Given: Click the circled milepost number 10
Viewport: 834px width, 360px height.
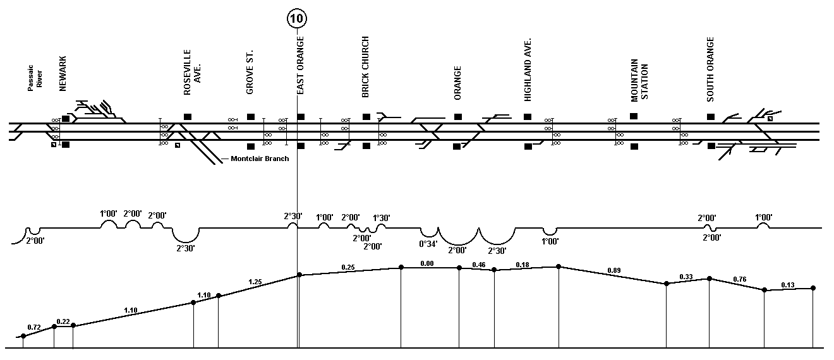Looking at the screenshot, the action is click(297, 18).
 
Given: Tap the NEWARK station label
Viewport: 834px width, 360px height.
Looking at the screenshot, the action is click(63, 74).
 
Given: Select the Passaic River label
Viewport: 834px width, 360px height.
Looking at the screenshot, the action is click(35, 78).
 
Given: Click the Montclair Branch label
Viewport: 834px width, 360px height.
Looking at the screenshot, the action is click(260, 159).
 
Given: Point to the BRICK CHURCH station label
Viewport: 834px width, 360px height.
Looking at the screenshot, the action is click(365, 67).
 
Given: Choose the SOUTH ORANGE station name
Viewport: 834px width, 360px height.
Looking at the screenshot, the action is click(710, 69).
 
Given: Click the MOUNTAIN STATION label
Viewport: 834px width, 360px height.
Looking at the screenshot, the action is click(639, 80).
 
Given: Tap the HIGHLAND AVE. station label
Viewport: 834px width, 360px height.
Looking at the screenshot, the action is click(528, 69).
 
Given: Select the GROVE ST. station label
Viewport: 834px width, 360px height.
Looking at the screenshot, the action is click(250, 72).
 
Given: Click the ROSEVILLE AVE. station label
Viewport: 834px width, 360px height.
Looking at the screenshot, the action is click(192, 73).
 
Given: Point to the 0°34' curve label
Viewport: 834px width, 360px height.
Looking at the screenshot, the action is click(428, 244).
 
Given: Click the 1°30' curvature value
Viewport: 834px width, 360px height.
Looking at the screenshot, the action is click(381, 218).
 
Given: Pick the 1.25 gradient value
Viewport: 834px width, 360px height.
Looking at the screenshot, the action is click(255, 282).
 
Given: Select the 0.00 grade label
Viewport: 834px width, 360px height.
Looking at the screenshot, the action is click(427, 263).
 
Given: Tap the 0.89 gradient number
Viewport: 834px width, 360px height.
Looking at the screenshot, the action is click(614, 271).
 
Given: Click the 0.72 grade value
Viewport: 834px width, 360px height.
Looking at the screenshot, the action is click(34, 327).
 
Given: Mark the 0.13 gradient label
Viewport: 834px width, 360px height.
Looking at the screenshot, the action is click(787, 285).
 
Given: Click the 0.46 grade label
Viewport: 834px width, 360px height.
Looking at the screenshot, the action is click(479, 265).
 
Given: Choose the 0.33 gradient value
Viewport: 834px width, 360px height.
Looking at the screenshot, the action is click(686, 277).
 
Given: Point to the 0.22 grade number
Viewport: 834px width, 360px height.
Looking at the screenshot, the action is click(63, 321).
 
